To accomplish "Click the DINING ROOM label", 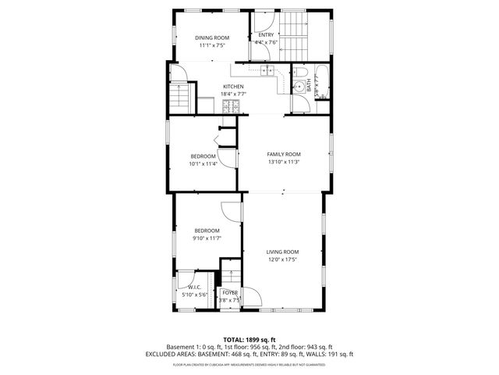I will coord(211,37).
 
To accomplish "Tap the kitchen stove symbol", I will coord(232,108).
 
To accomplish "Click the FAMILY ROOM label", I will coord(283,154).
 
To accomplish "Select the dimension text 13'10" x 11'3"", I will coord(283,163).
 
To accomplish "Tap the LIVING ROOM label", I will coord(282,252).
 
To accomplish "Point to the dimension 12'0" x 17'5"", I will coord(282,261).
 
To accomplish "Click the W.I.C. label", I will coord(193,287).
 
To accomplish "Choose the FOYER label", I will coord(230,292).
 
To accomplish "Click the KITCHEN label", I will coord(233,86).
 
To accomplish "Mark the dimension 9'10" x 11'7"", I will coord(207,239).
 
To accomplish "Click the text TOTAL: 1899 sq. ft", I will coord(249,339).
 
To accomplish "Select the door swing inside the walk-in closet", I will coord(186,278).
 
